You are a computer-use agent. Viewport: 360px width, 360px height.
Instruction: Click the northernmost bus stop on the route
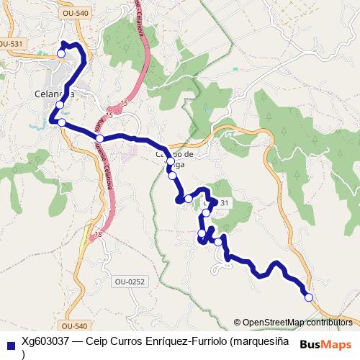61,53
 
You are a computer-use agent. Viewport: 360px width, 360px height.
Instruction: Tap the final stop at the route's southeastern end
309,297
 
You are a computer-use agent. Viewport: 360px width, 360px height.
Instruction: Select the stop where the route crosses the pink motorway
99,138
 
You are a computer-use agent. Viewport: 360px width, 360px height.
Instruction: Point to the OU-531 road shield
9,44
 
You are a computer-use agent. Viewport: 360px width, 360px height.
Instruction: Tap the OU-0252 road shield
130,282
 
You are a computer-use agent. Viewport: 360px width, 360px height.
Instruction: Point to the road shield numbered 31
225,203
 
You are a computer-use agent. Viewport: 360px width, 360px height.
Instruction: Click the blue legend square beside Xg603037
10,344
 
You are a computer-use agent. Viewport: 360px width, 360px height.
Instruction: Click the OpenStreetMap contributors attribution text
296,322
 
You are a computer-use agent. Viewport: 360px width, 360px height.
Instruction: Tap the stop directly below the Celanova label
60,106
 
